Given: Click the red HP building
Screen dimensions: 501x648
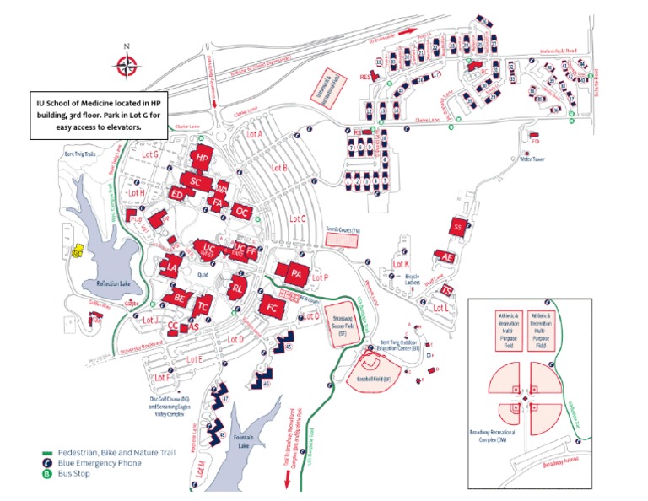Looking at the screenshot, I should [201, 158].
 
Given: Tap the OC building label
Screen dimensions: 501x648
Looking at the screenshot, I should [241, 210].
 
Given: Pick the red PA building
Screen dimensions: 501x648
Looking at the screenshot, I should [295, 273].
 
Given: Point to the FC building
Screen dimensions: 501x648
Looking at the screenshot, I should [272, 307].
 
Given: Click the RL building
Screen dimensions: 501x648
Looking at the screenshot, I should [239, 288].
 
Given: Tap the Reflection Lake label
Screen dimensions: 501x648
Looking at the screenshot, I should [115, 284].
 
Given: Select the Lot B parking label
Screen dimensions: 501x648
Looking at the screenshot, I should [279, 168].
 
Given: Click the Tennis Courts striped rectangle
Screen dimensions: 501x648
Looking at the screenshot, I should [343, 239].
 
